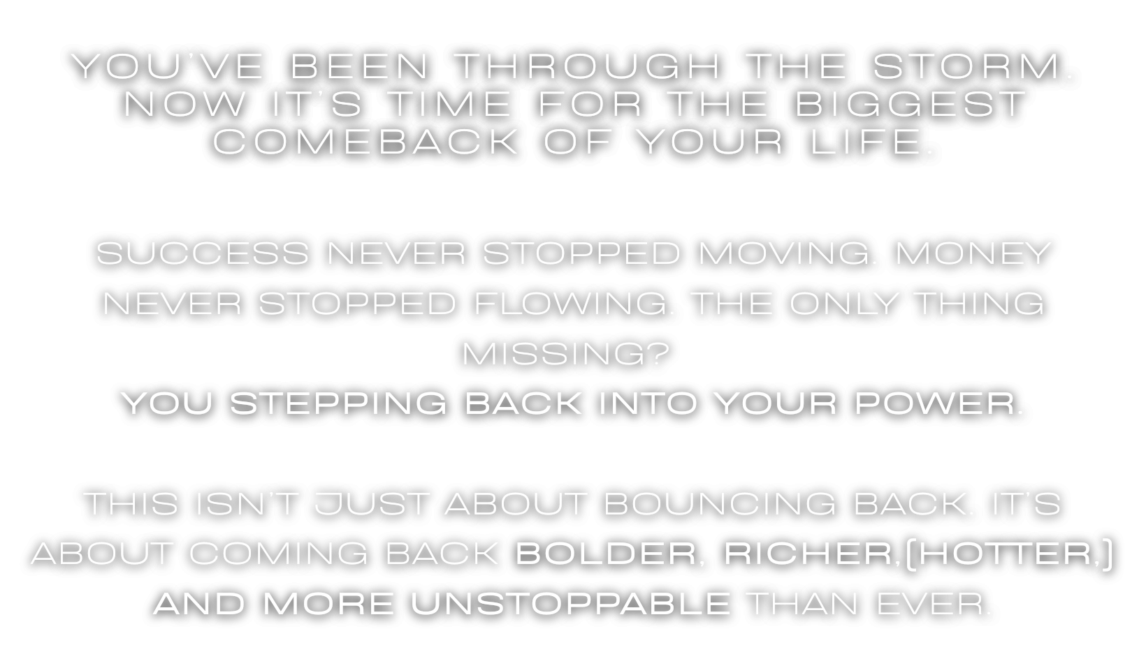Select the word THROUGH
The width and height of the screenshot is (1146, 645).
[588, 66]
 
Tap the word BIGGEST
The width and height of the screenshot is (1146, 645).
[910, 104]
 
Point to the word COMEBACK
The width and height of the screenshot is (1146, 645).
[365, 142]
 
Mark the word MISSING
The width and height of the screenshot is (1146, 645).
[553, 353]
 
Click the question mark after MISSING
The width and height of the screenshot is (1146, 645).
[658, 353]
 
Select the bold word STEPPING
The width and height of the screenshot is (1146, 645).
[338, 403]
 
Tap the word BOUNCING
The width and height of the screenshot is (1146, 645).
[720, 503]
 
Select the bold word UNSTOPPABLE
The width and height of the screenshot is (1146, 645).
[570, 604]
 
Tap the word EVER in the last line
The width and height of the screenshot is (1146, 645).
[931, 604]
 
